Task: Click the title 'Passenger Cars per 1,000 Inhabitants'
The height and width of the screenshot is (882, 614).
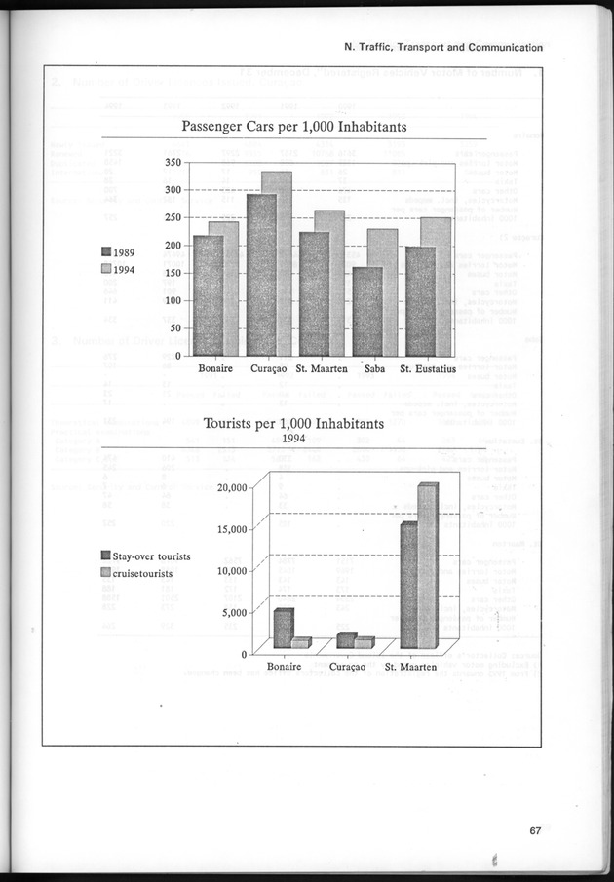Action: tap(294, 127)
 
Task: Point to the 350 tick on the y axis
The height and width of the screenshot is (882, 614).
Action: tap(172, 162)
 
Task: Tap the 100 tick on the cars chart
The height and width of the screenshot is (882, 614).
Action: tap(172, 301)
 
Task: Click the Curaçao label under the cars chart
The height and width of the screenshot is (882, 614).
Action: tap(269, 369)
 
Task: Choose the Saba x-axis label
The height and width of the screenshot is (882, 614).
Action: tap(374, 369)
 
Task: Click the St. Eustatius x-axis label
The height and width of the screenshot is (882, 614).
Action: tap(429, 369)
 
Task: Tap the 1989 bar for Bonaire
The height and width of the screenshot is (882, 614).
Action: tap(208, 295)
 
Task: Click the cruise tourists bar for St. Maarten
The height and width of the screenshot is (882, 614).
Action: tap(427, 565)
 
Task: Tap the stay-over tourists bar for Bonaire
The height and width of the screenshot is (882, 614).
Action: tap(283, 629)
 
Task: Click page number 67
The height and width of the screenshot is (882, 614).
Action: tap(535, 830)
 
